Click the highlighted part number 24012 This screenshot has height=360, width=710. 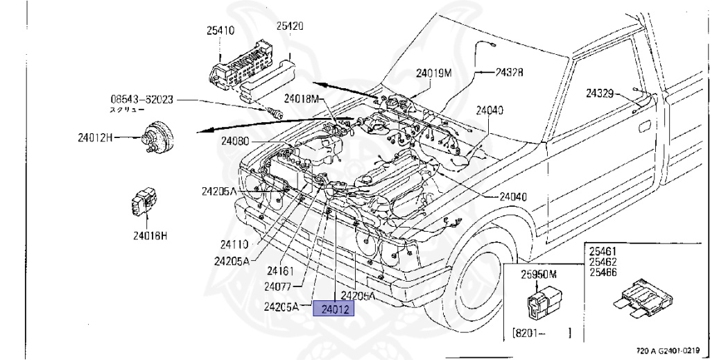coord(334,307)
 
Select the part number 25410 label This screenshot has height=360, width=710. coord(220,31)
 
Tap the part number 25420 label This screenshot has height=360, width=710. coord(291,27)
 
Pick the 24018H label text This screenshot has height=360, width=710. coord(150,235)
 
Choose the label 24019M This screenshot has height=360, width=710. coord(433,72)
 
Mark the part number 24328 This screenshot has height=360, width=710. coord(509,72)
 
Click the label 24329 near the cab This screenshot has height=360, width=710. coord(600,93)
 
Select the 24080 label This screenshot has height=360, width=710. coord(235,141)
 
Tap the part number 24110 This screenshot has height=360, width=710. coord(234,243)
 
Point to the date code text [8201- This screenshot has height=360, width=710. coord(527,334)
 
